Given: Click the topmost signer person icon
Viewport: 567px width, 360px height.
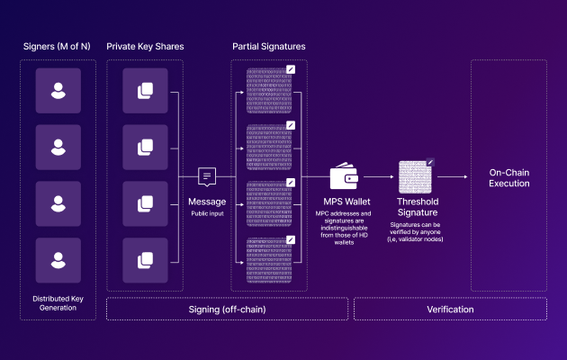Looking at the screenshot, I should tap(58, 91).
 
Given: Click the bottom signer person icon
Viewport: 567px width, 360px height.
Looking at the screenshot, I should tap(58, 260).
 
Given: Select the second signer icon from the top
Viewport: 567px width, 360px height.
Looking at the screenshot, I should tap(58, 147).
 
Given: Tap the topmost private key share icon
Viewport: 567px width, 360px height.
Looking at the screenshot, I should tap(145, 91).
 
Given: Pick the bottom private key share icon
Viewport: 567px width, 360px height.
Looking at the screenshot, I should tap(145, 260).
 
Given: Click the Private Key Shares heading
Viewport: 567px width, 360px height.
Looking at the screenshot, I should tap(145, 45).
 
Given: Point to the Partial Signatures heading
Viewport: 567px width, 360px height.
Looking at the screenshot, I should tap(268, 45).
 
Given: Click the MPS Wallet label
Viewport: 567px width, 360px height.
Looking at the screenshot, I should tap(346, 202).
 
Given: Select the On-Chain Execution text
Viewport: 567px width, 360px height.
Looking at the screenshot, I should tap(508, 176).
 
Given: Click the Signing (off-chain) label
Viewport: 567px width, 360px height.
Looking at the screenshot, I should tap(228, 309).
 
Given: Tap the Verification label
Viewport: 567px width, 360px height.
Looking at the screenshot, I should tap(451, 309).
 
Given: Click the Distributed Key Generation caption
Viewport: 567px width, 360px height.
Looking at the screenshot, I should tap(58, 301).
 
